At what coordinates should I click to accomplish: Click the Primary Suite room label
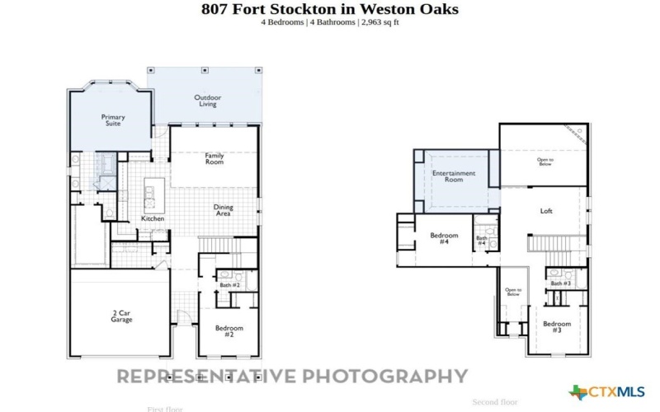pyautogui.click(x=113, y=120)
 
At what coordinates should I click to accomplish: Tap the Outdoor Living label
pyautogui.click(x=208, y=101)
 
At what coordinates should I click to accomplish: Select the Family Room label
pyautogui.click(x=214, y=158)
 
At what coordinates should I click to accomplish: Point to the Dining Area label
pyautogui.click(x=223, y=210)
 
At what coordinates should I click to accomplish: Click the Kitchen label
pyautogui.click(x=153, y=218)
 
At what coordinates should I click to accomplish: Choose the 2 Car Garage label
pyautogui.click(x=121, y=316)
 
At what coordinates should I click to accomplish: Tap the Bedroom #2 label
pyautogui.click(x=229, y=331)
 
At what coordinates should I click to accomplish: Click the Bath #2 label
pyautogui.click(x=229, y=285)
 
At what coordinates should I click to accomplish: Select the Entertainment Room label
pyautogui.click(x=454, y=176)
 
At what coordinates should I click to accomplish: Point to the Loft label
pyautogui.click(x=546, y=211)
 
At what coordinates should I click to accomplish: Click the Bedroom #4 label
pyautogui.click(x=444, y=238)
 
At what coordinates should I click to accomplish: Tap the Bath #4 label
pyautogui.click(x=482, y=241)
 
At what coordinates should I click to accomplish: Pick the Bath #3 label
pyautogui.click(x=561, y=283)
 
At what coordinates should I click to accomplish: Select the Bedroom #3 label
pyautogui.click(x=557, y=326)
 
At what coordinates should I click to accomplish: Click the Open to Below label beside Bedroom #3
pyautogui.click(x=513, y=292)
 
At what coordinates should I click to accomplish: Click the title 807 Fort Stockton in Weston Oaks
pyautogui.click(x=330, y=9)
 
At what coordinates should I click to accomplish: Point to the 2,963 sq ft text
pyautogui.click(x=380, y=22)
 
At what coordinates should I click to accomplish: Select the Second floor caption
pyautogui.click(x=495, y=402)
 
